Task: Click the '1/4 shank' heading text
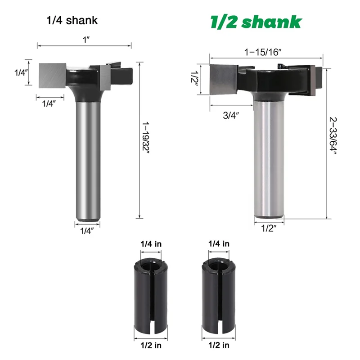pyautogui.click(x=72, y=20)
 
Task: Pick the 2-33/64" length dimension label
pyautogui.click(x=333, y=135)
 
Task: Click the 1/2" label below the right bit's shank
pyautogui.click(x=269, y=228)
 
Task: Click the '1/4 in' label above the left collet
pyautogui.click(x=150, y=243)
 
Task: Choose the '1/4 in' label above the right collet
pyautogui.click(x=219, y=243)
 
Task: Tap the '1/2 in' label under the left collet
pyautogui.click(x=150, y=345)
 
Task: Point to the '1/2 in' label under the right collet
pyautogui.click(x=219, y=345)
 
